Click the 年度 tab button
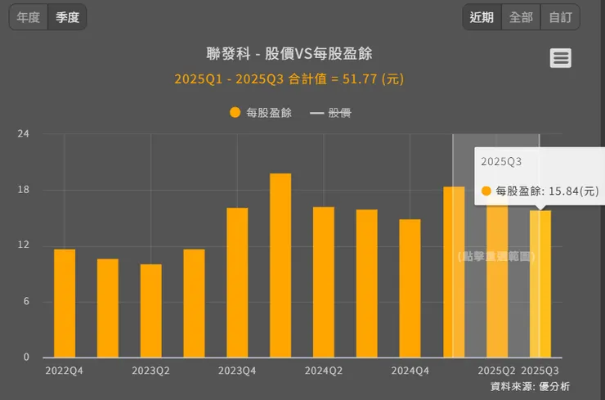28,17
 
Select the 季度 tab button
67,17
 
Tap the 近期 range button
482,17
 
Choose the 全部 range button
521,17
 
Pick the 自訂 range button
560,17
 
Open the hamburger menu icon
560,58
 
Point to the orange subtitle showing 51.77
289,79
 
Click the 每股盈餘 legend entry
261,113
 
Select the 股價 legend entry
331,113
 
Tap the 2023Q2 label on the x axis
150,371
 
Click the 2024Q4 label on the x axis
410,371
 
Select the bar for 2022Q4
65,303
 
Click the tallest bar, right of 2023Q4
280,266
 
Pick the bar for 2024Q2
324,282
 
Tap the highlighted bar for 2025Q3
540,284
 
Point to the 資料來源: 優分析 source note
530,386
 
